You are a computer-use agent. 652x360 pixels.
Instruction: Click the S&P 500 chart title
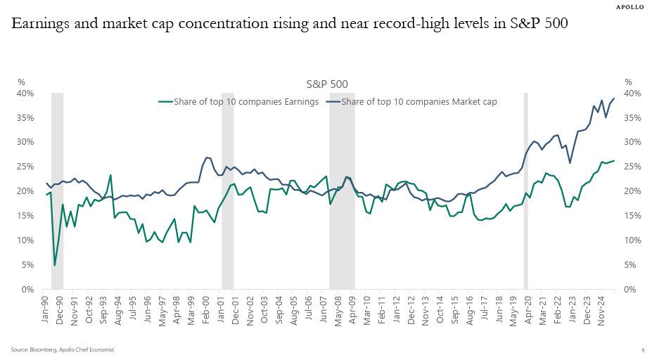(x=327, y=84)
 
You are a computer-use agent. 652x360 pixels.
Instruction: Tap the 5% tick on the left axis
(x=27, y=265)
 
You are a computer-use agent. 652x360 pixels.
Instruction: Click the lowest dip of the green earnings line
(x=55, y=265)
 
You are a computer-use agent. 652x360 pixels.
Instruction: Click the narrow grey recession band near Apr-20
(x=525, y=190)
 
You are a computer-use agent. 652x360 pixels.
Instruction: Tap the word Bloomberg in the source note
(x=42, y=349)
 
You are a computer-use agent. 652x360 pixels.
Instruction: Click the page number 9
(x=642, y=349)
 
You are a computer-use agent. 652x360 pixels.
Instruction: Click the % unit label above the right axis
(x=628, y=82)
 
